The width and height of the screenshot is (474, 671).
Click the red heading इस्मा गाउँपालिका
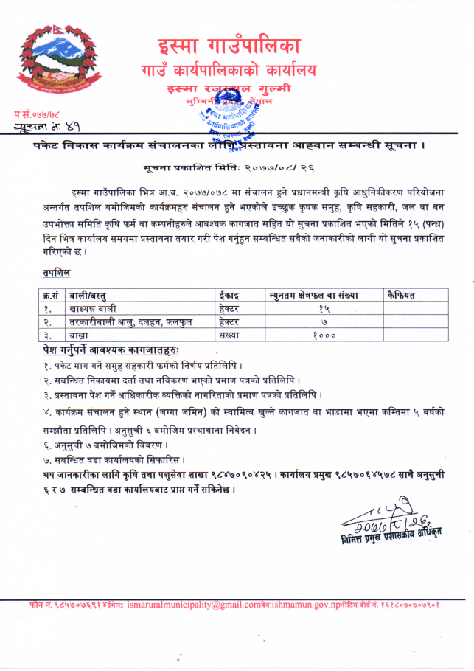[x=228, y=45]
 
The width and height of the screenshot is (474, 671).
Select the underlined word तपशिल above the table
[x=56, y=273]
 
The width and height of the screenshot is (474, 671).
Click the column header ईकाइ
[x=230, y=295]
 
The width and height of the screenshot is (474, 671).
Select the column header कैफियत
[x=401, y=295]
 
